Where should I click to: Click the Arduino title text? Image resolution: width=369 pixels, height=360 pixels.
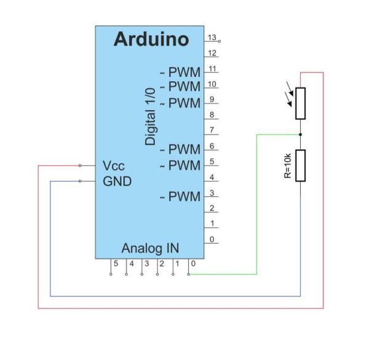click(x=151, y=39)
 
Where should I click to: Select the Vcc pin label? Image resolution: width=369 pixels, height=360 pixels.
click(x=114, y=166)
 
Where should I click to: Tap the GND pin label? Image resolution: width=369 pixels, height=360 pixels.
click(x=117, y=182)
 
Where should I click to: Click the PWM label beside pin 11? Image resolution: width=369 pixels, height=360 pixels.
click(x=184, y=73)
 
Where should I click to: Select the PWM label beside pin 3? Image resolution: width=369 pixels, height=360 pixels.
click(x=184, y=197)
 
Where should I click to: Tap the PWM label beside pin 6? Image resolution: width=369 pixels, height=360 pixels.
click(x=184, y=150)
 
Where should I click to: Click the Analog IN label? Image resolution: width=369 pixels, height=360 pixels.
click(x=150, y=249)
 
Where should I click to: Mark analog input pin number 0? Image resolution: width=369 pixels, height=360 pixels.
click(x=192, y=263)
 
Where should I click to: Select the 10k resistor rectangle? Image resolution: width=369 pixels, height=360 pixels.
click(x=300, y=166)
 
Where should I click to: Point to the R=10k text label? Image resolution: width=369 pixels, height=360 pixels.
click(x=287, y=166)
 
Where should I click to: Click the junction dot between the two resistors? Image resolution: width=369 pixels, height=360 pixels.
click(x=300, y=134)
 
